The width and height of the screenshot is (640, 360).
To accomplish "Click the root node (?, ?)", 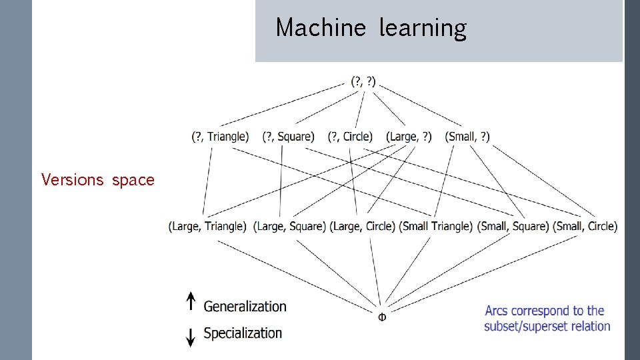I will pos(363,83).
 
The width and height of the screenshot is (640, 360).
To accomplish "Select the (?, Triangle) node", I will pos(220,137).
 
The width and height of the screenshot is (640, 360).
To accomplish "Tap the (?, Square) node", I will pos(288,137).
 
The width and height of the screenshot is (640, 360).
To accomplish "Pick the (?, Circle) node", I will pos(350,137).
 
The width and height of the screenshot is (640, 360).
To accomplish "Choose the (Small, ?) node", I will pos(467,137).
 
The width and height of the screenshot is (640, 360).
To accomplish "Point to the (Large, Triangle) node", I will pos(207,227).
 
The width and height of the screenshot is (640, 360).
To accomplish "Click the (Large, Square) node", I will pos(289,227).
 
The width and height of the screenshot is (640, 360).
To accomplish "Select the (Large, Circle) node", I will pos(363,227).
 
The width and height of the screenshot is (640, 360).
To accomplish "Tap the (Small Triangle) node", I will pos(437,227).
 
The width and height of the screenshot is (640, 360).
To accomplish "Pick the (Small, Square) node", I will pos(513,227).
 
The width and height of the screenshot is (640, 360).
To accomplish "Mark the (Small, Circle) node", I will pos(585,227).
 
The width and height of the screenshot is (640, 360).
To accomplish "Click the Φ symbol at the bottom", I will pos(381,317).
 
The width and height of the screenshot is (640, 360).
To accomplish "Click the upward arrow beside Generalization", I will pos(191,302).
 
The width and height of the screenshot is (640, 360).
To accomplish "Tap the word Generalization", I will pos(245,307).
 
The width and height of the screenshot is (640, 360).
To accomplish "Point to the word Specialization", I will pos(243,333).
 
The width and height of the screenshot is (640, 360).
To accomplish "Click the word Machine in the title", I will pos(321,28).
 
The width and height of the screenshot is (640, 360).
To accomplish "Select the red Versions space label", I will pos(97,180).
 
